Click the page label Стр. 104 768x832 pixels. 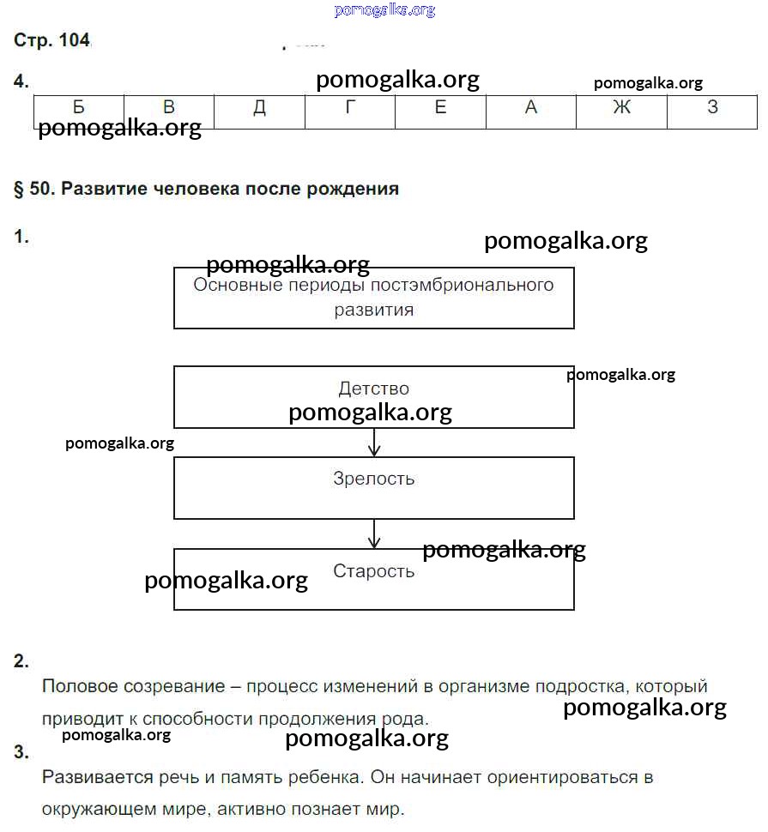[x=52, y=40]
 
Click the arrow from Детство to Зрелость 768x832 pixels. [x=373, y=442]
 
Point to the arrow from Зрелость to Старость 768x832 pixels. [x=373, y=534]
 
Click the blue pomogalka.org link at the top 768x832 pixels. [x=384, y=10]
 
